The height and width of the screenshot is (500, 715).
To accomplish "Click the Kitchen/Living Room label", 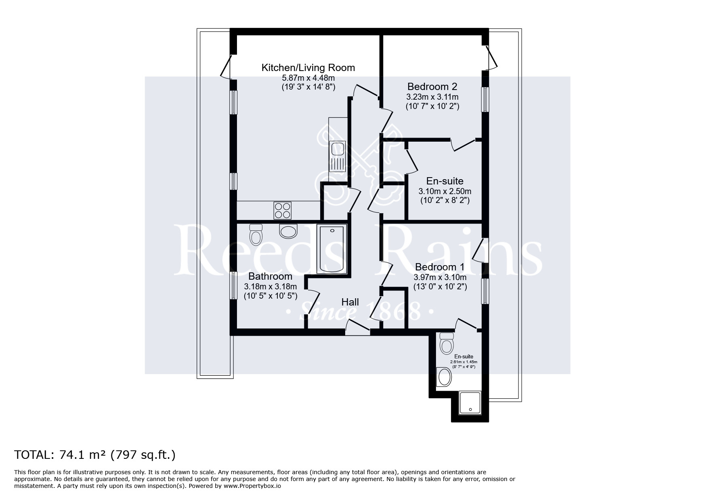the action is pos(308,67).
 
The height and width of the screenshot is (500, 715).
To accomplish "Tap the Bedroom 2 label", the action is pos(432,86).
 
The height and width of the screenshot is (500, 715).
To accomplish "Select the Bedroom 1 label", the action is pos(440,267).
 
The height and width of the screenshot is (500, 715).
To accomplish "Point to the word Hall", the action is pos(350,302).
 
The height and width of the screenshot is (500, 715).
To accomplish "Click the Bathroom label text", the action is pos(270,276).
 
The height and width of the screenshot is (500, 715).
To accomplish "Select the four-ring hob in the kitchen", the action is pos(283,210).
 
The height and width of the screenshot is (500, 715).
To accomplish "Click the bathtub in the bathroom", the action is pos(332,249).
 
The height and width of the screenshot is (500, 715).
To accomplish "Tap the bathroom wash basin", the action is pos(288,231).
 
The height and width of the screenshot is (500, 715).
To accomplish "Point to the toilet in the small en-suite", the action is pos(447,343).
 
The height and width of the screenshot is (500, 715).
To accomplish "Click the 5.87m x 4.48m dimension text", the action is pos(308,78).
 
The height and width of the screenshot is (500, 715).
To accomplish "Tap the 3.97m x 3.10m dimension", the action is pos(440,277).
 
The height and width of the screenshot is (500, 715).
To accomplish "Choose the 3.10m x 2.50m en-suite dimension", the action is pos(445,191).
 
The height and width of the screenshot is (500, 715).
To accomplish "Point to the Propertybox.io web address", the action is pos(252,486).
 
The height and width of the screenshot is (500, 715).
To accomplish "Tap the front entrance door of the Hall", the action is pos(358,327).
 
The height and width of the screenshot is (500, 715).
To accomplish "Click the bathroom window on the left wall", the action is pos(233,285).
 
